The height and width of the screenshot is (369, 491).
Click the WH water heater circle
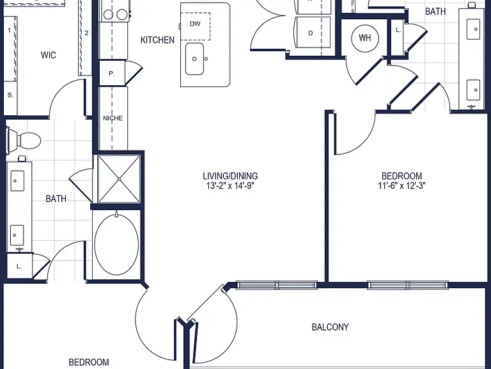[x=365, y=38]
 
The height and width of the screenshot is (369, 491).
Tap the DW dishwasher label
[x=195, y=24]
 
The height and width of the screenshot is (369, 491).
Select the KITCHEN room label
[x=157, y=40]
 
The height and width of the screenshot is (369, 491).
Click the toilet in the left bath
[x=24, y=140]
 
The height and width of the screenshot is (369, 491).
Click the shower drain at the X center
[x=119, y=179]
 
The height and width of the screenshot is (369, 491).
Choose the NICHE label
[x=113, y=119]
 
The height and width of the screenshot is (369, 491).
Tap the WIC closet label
[x=48, y=55]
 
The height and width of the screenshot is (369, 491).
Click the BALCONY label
[x=330, y=327]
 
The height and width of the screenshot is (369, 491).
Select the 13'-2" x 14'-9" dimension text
[x=230, y=186]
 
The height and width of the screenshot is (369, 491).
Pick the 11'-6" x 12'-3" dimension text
[x=401, y=186]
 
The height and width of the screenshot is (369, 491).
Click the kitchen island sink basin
[x=194, y=59]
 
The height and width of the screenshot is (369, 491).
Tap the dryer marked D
[x=313, y=33]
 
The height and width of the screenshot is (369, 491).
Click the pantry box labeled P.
[x=112, y=74]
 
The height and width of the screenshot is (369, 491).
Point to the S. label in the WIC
[x=10, y=95]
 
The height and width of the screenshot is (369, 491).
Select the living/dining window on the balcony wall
[x=276, y=285]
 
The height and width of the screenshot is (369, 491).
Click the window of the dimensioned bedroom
[x=408, y=285]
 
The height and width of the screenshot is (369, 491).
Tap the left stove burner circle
[x=108, y=15]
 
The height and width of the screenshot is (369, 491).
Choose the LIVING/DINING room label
[x=230, y=176]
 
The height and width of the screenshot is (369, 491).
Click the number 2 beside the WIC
[x=86, y=33]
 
